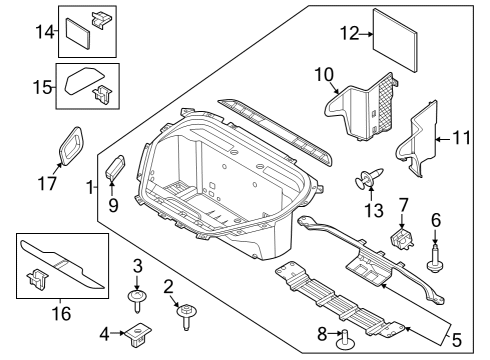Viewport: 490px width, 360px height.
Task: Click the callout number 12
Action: point(347,32)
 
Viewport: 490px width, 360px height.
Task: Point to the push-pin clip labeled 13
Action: point(368,181)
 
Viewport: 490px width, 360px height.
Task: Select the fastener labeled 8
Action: point(346,339)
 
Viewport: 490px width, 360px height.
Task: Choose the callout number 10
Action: point(323,74)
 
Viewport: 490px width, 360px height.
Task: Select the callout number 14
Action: point(43,32)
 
